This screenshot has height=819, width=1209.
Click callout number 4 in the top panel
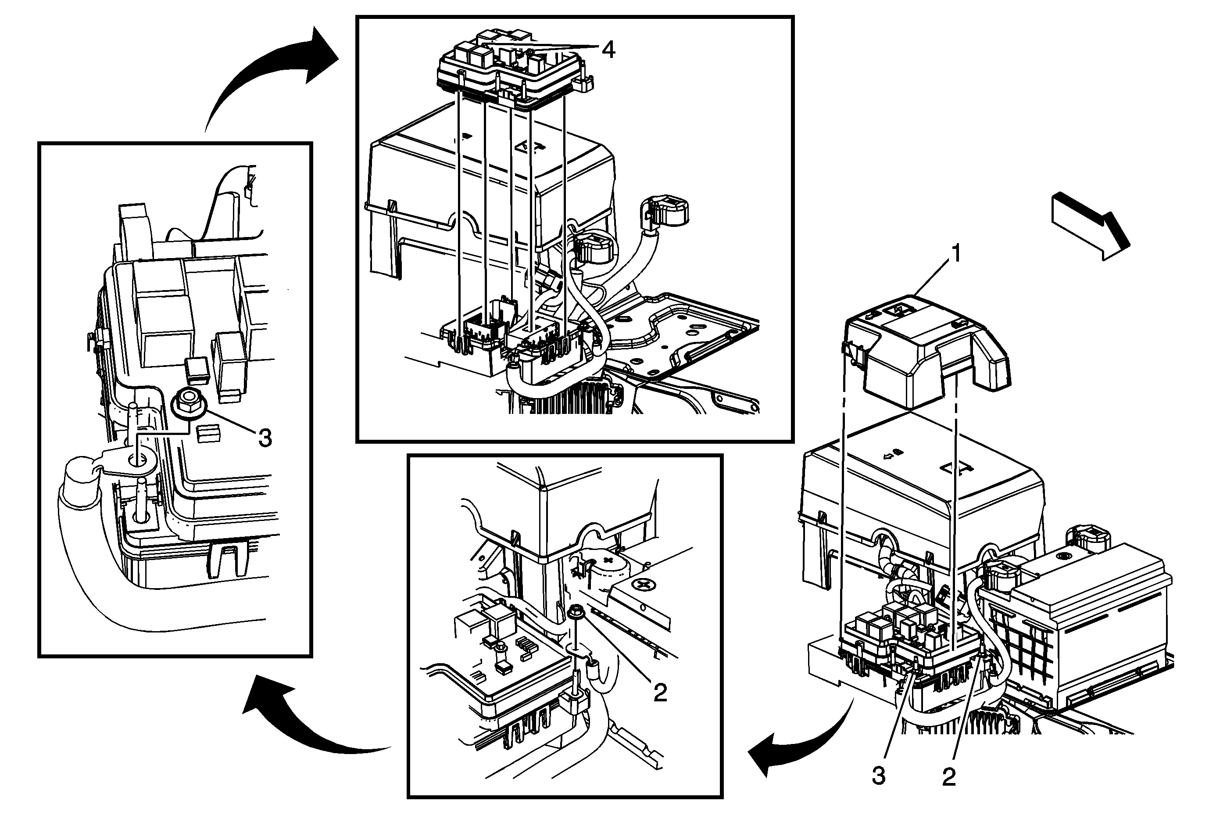pyautogui.click(x=608, y=50)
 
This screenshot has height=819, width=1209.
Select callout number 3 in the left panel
pyautogui.click(x=265, y=438)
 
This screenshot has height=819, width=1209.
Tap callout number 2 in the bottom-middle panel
pyautogui.click(x=660, y=693)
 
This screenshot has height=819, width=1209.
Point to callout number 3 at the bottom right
pyautogui.click(x=879, y=776)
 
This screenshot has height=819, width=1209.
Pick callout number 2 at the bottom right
pyautogui.click(x=949, y=777)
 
